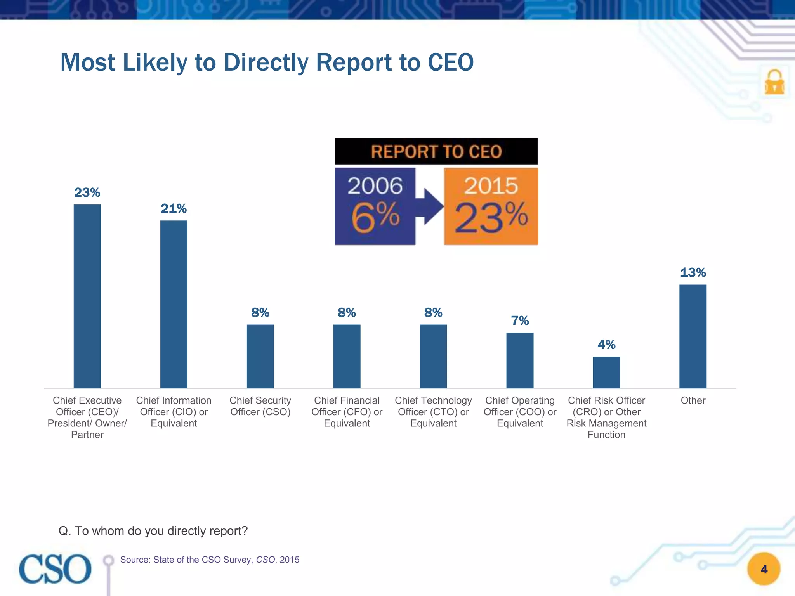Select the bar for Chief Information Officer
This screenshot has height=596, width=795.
coord(174,304)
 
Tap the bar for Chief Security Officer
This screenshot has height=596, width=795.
coord(260,356)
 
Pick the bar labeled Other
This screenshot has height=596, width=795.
coord(693,336)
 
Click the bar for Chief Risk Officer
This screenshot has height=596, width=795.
coord(606,372)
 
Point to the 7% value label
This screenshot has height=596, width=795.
coord(520,321)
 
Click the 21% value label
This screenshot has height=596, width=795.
coord(174,208)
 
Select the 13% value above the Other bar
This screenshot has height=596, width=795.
coord(693,272)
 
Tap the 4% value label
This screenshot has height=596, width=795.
coord(606,345)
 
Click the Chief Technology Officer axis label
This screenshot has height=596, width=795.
coord(433,412)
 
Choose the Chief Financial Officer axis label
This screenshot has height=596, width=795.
coord(347,412)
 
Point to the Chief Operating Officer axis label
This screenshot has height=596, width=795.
coord(520,412)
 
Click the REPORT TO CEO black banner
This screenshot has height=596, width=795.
coord(436,151)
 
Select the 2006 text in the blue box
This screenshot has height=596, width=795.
coord(375,185)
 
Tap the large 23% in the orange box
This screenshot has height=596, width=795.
coord(491,218)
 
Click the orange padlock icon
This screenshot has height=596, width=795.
coord(774,82)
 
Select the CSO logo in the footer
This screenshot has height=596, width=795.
coord(55,569)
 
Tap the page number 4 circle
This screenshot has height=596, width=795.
coord(764,569)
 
